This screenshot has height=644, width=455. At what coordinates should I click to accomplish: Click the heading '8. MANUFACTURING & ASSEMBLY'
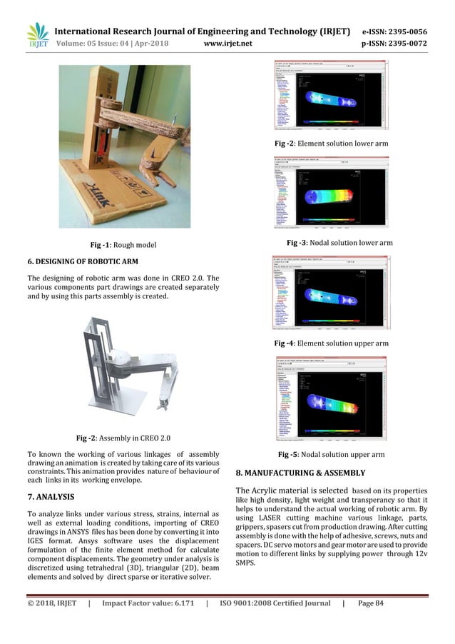[x=300, y=473]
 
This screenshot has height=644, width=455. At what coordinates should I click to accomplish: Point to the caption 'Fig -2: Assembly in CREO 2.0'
[x=123, y=437]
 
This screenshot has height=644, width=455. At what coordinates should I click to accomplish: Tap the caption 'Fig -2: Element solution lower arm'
[x=332, y=144]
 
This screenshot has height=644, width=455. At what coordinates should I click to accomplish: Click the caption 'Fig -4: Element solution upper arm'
[x=332, y=343]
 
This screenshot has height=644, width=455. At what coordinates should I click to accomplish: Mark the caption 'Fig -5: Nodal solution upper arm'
[x=331, y=454]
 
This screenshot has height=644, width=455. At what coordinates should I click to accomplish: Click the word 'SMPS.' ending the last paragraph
[x=247, y=563]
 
